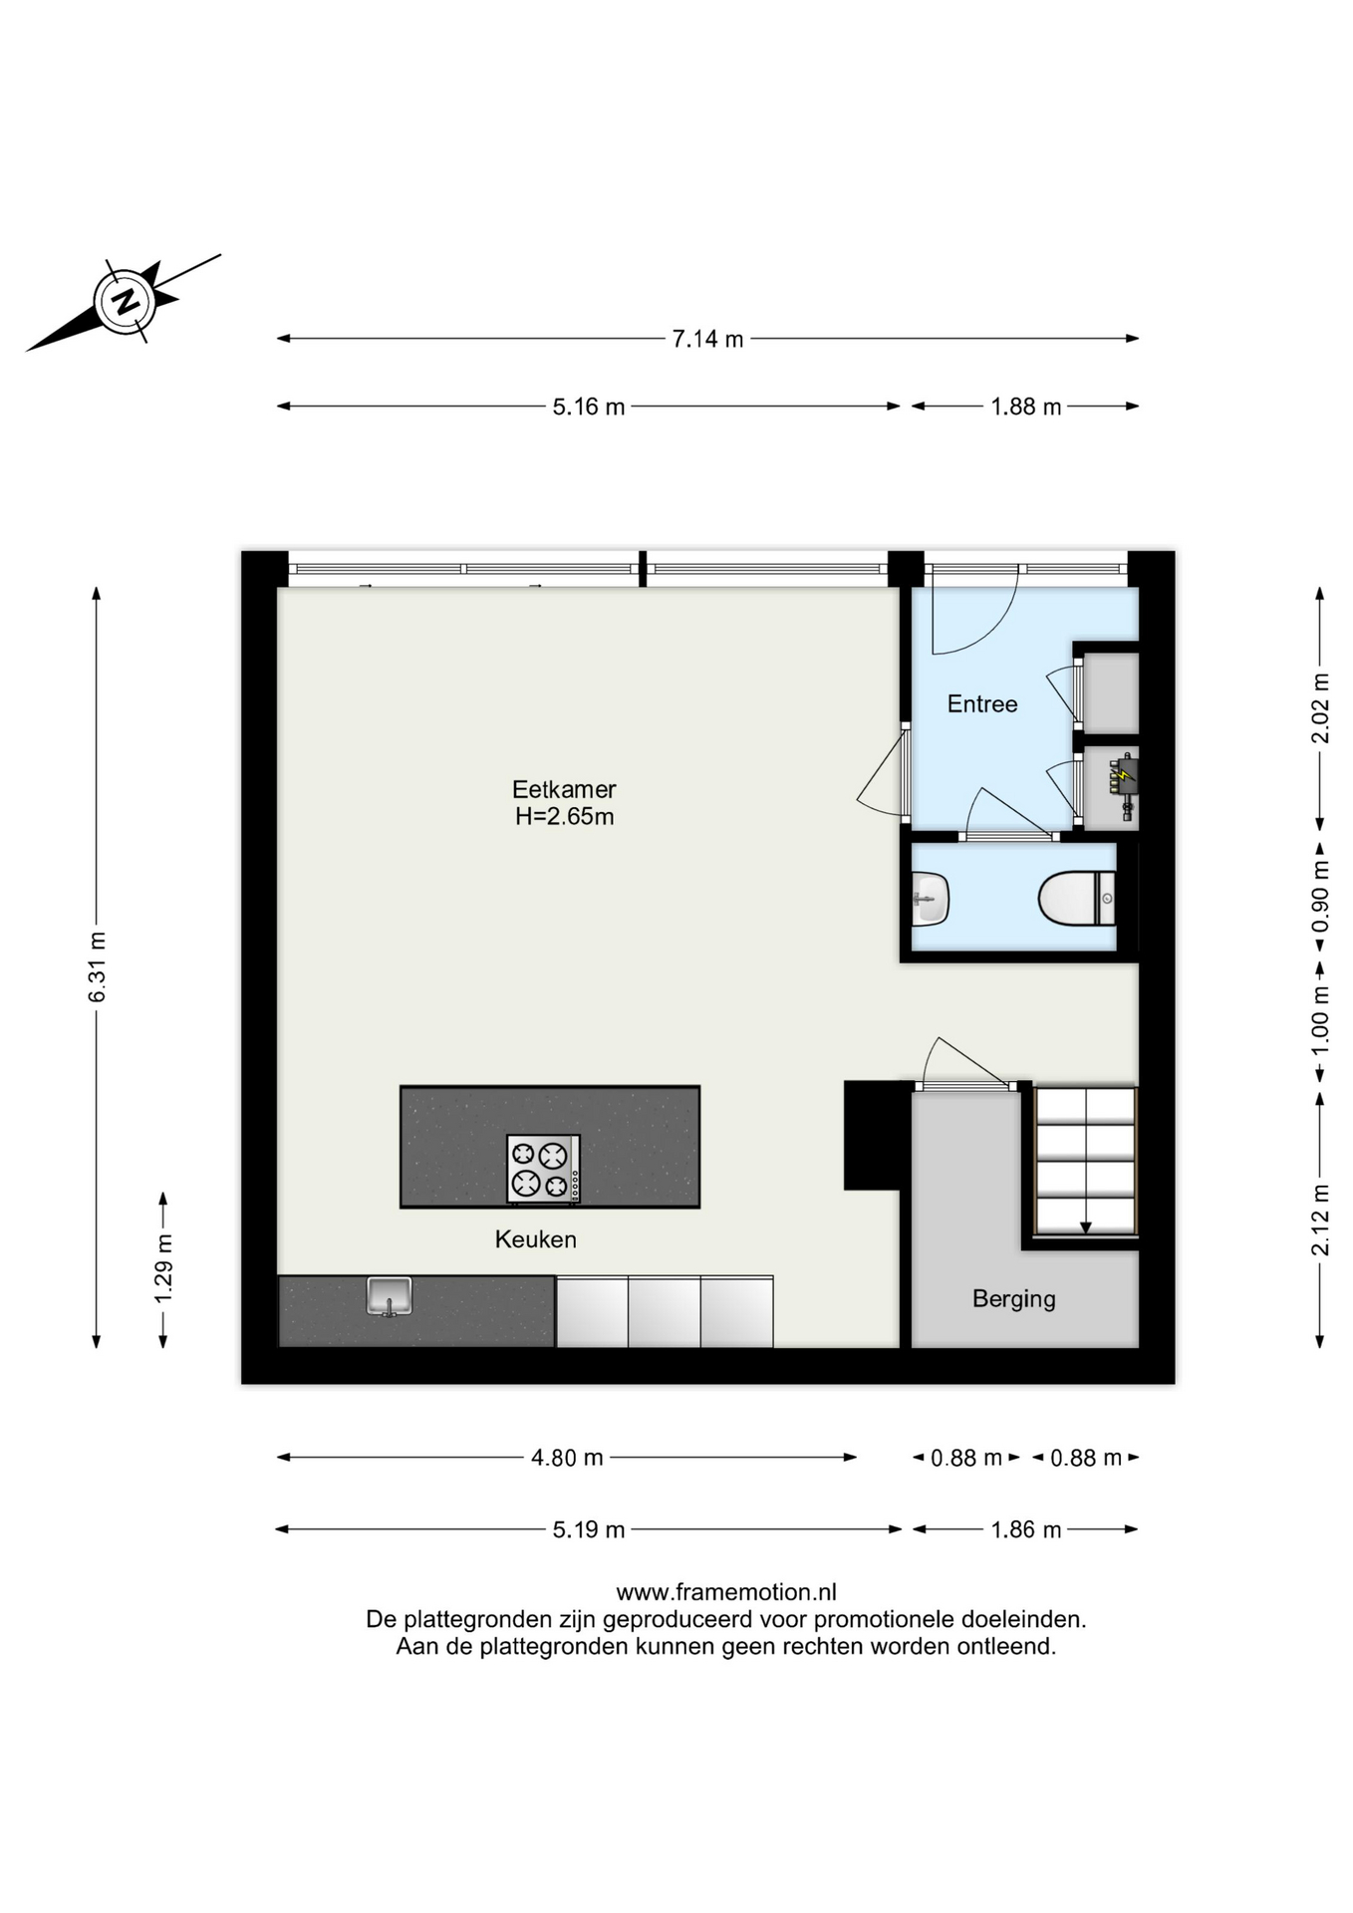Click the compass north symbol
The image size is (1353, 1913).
[x=126, y=300]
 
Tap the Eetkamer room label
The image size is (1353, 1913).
[x=564, y=789]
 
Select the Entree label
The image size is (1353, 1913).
[x=982, y=704]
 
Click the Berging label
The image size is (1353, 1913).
[x=1014, y=1299]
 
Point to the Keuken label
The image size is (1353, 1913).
[x=536, y=1239]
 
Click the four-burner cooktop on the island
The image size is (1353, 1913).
[x=543, y=1169]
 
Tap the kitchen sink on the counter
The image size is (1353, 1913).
[x=389, y=1296]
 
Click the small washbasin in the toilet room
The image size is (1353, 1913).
[x=930, y=899]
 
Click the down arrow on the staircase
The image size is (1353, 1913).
[x=1086, y=1228]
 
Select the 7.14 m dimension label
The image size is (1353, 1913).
[x=707, y=339]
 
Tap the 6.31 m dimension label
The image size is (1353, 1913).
[x=97, y=967]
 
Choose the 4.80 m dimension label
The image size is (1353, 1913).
[x=567, y=1458]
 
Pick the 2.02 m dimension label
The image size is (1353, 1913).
[x=1320, y=708]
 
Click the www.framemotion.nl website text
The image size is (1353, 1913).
[x=726, y=1592]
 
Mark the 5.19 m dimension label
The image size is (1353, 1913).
[x=589, y=1529]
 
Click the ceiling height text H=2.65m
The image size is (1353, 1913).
[x=564, y=817]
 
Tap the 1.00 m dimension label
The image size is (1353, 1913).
[x=1320, y=1021]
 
